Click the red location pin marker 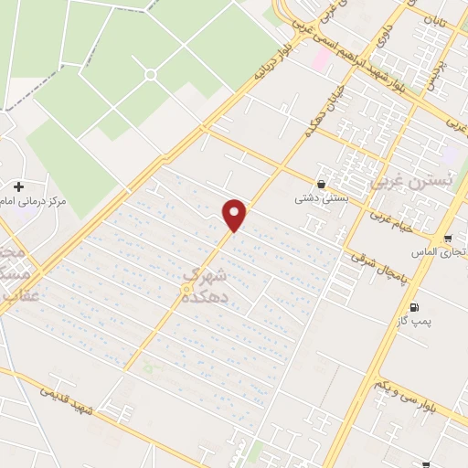[235, 214]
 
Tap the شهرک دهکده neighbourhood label [204, 283]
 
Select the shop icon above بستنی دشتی [321, 183]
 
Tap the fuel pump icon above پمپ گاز [416, 307]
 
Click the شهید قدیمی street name [69, 399]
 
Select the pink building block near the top [321, 60]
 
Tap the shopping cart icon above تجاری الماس [448, 238]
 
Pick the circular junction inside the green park [151, 73]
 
